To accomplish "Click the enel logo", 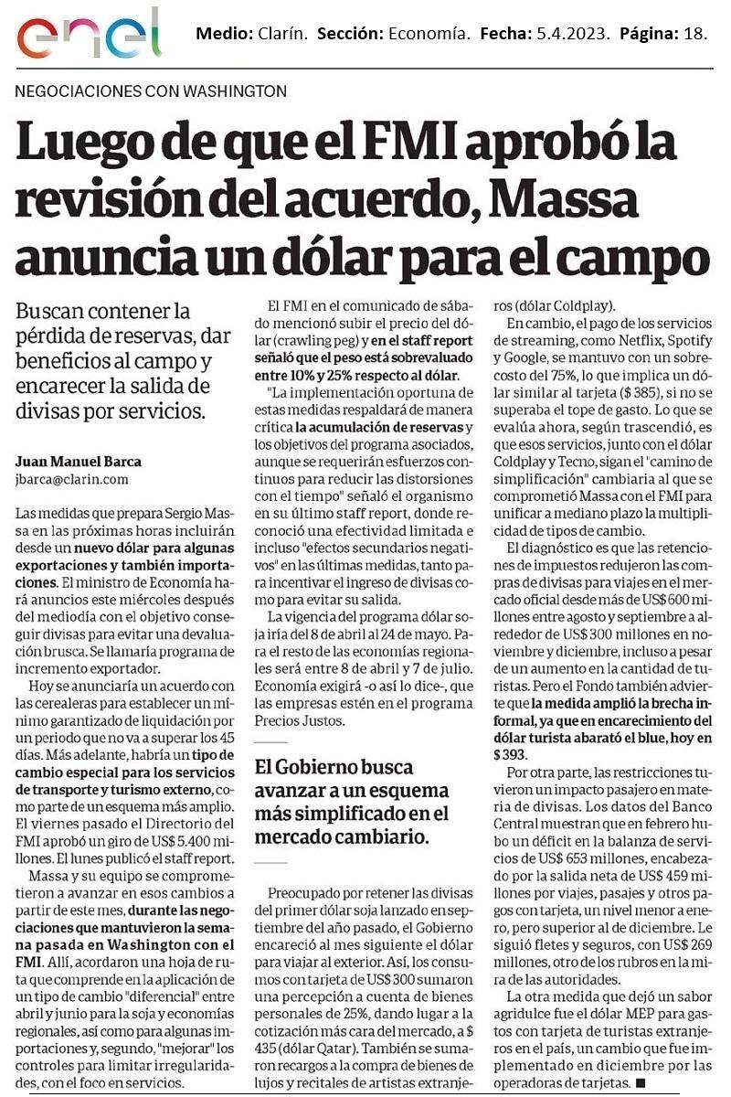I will [88, 34].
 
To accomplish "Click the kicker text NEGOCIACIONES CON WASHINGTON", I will [152, 91].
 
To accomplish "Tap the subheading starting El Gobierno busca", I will [334, 767].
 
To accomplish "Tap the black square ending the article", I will [639, 1083].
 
